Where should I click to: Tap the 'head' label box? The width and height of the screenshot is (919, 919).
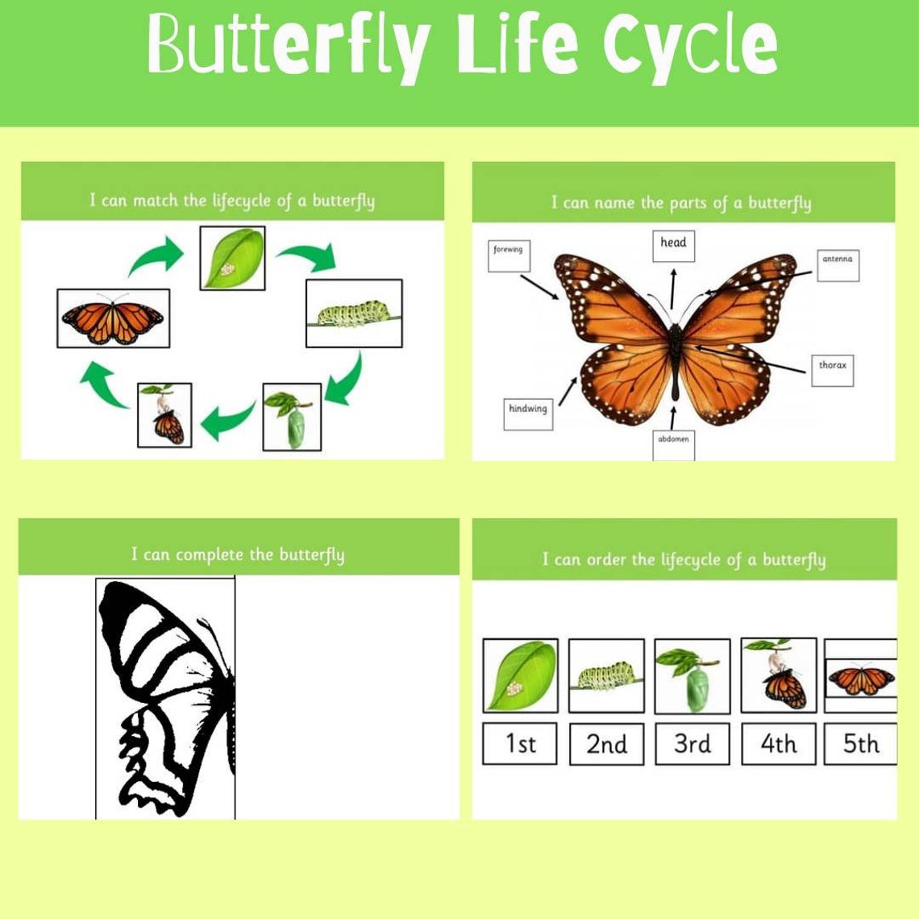tap(673, 244)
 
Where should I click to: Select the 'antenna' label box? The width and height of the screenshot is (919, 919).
tap(838, 264)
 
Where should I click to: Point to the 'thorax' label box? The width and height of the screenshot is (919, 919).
tap(832, 369)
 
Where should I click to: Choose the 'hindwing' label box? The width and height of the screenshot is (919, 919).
tap(528, 414)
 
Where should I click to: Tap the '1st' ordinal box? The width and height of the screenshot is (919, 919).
tap(520, 743)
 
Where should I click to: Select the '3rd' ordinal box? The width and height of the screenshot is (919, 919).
tap(692, 743)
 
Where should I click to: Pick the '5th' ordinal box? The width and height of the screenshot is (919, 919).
tap(860, 743)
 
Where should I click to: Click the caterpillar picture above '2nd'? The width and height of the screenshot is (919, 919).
tap(606, 676)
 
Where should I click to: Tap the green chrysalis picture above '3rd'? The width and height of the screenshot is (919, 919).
tap(692, 676)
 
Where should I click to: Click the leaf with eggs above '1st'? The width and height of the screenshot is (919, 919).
tap(520, 676)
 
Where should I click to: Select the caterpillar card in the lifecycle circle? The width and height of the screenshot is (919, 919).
tap(354, 313)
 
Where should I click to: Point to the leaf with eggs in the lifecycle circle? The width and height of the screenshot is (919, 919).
tap(232, 257)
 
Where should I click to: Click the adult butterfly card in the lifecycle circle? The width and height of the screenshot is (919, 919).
tap(113, 318)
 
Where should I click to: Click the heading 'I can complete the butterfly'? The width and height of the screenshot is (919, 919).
tap(238, 555)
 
